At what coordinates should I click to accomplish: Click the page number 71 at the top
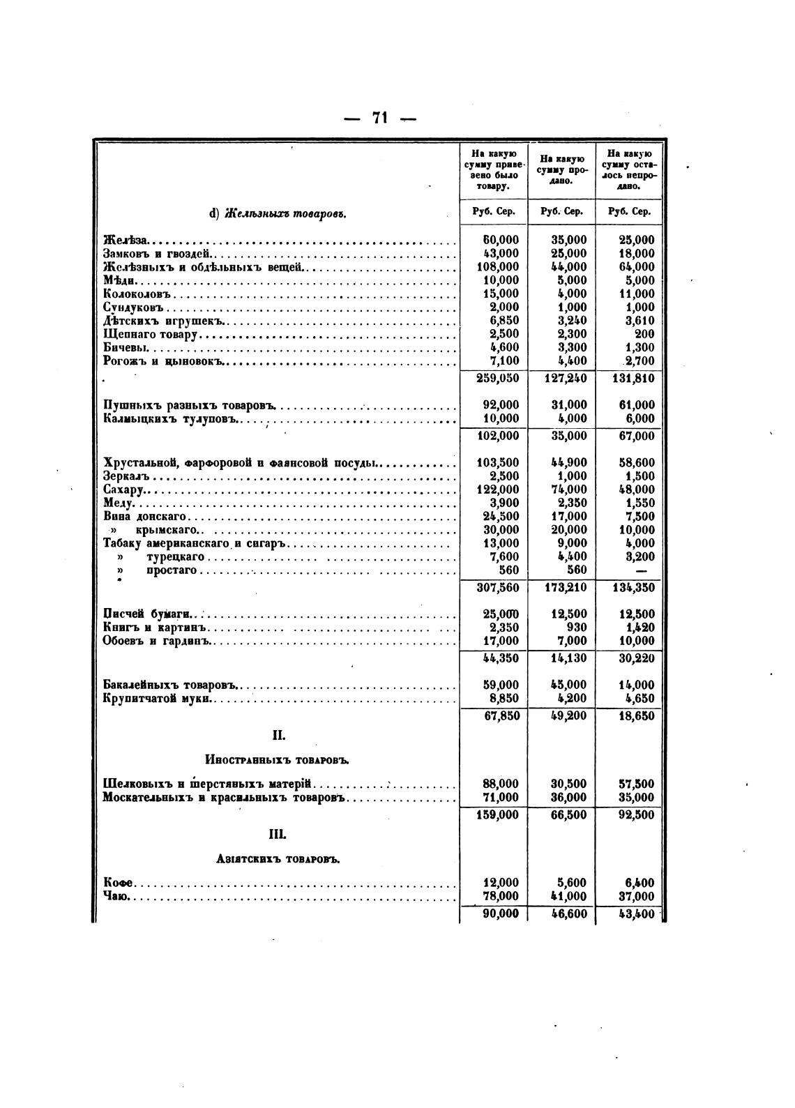pos(379,117)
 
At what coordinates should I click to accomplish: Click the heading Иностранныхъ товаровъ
pos(278,760)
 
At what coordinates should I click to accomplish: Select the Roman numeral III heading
pos(278,834)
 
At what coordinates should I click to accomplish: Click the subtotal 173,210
pos(566,588)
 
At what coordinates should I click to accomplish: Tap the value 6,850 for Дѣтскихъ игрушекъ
pos(501,321)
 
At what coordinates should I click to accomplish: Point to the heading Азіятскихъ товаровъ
pos(278,860)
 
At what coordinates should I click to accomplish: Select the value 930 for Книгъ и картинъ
pos(575,628)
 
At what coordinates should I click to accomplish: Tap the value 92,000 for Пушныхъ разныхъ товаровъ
pos(501,405)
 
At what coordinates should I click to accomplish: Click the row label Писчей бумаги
pos(147,614)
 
